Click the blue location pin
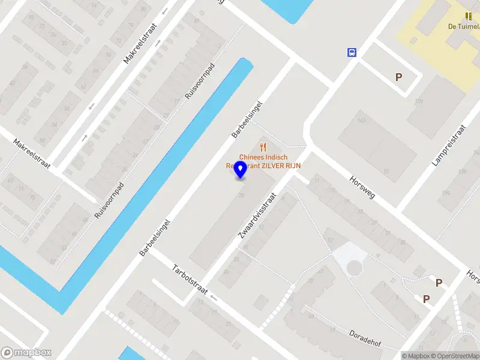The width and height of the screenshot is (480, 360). click(241, 169)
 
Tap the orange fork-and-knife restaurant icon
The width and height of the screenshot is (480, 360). click(263, 146)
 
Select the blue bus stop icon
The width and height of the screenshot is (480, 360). click(352, 52)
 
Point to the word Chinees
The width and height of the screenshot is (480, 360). click(252, 157)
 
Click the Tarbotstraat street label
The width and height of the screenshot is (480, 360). click(190, 280)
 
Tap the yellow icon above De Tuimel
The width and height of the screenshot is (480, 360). click(469, 16)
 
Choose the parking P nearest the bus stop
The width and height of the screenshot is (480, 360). click(398, 77)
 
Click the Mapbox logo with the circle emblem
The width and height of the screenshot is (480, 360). click(26, 353)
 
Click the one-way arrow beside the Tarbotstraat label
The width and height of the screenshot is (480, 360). click(212, 297)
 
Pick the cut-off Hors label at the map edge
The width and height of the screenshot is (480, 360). click(473, 275)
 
